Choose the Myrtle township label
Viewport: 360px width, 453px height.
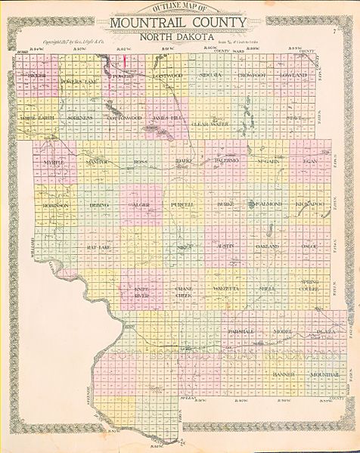click(x=54, y=163)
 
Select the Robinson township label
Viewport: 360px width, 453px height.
click(x=56, y=204)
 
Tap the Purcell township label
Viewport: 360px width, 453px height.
click(x=183, y=204)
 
